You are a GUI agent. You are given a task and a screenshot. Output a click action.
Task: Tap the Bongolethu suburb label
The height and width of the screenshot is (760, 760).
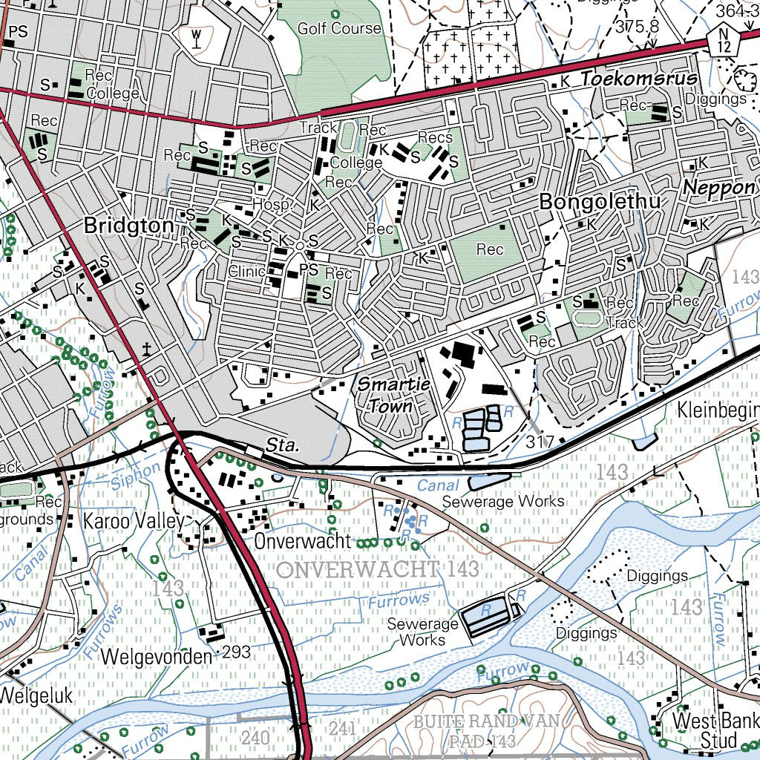(x=600, y=202)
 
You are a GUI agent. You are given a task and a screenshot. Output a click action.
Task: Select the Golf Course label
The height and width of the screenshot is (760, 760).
(x=339, y=29)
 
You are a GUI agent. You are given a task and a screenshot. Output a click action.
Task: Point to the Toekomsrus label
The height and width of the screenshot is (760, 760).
(x=639, y=79)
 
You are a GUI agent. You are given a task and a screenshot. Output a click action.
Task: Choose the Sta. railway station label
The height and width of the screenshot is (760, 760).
(x=282, y=446)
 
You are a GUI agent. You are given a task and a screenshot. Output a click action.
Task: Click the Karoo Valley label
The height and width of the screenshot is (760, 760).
(x=133, y=521)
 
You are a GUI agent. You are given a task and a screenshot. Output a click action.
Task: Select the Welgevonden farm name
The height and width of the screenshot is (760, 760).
(x=156, y=656)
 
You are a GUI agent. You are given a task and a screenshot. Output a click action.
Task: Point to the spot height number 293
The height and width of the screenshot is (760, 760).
(x=236, y=652)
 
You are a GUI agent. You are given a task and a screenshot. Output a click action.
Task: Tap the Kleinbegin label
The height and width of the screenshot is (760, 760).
(x=718, y=410)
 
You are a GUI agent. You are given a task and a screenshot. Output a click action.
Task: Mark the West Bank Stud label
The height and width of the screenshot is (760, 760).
(x=715, y=730)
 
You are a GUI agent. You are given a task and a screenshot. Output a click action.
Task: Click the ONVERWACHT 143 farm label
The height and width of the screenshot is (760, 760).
(x=379, y=570)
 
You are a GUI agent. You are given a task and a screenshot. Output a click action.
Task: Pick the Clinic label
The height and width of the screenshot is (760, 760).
(x=246, y=272)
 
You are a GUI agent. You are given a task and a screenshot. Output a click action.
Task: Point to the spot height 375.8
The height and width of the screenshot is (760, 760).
(x=637, y=27)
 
